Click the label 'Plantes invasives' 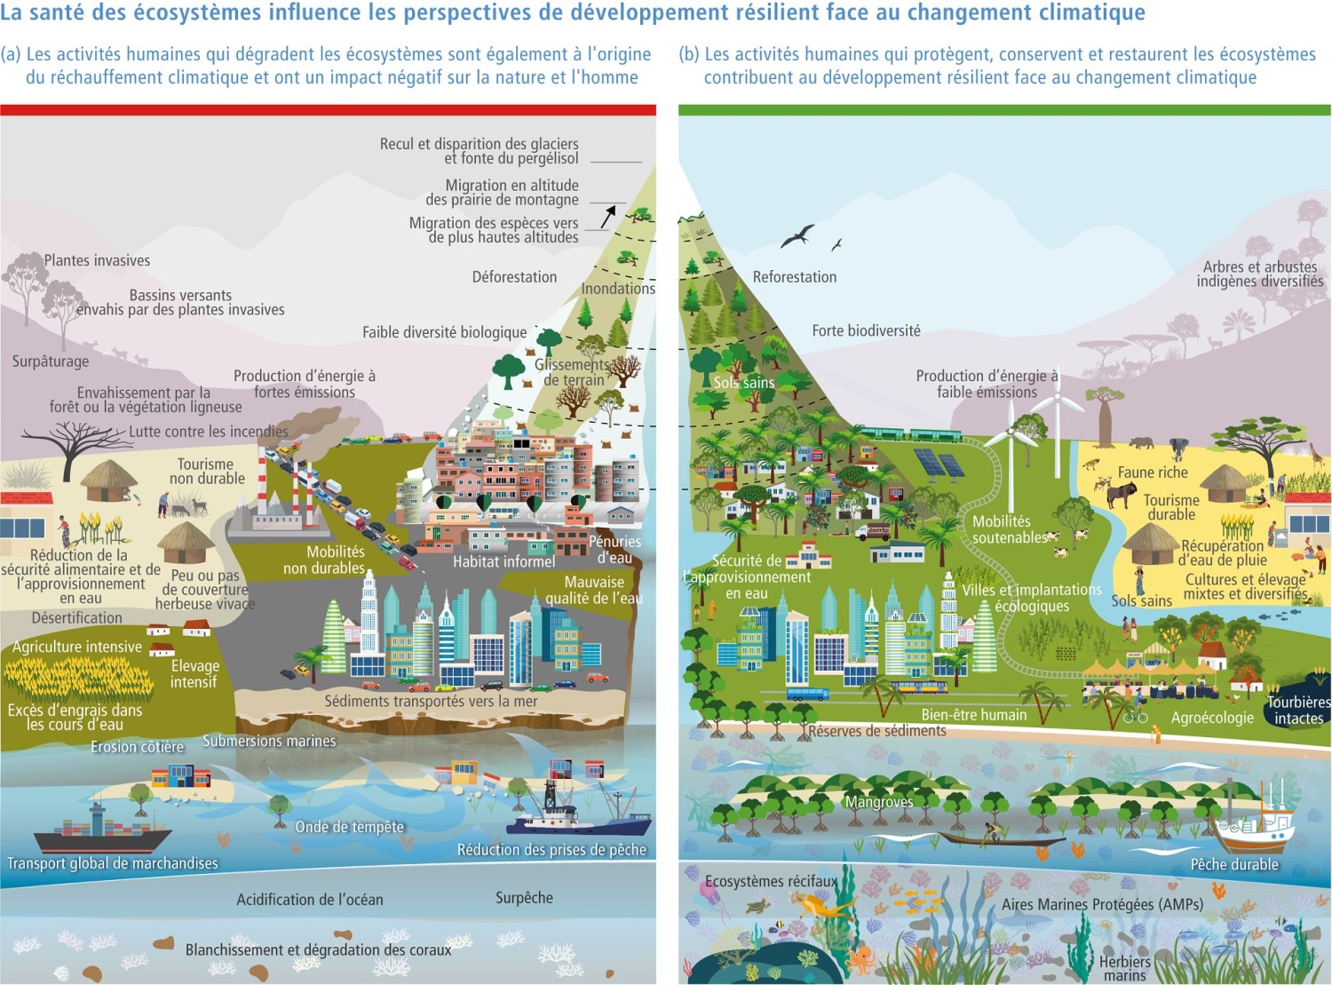(x=97, y=260)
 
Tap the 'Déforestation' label (x=514, y=277)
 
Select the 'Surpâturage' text (x=51, y=361)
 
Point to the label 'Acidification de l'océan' (x=310, y=900)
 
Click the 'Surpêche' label (x=524, y=898)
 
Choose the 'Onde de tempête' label (x=349, y=827)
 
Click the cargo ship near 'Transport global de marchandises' (x=102, y=831)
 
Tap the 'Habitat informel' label (x=503, y=561)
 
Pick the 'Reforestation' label (x=794, y=277)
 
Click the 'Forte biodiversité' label (x=866, y=330)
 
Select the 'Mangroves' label (x=879, y=802)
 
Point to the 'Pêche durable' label (x=1234, y=864)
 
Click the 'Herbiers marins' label (x=1124, y=968)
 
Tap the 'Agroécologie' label (x=1212, y=718)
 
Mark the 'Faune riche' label (x=1152, y=473)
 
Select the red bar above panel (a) (x=328, y=110)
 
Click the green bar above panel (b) (x=1004, y=110)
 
